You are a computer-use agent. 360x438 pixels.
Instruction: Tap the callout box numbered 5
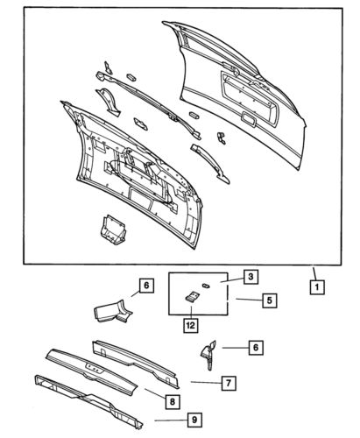269,300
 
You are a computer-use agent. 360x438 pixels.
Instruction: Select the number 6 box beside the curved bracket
146,285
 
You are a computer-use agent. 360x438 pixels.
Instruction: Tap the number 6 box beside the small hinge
256,348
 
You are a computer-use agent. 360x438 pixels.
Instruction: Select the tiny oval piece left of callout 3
203,285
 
